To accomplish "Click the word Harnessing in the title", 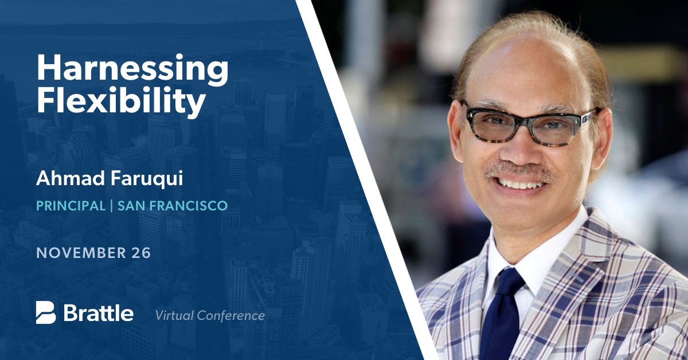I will click(x=132, y=69).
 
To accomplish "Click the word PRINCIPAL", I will click(x=71, y=205).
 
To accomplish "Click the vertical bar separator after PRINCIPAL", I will click(x=111, y=205).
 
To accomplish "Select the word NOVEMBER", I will click(x=79, y=253).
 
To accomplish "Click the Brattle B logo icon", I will click(x=45, y=312).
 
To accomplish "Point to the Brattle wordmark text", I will click(x=98, y=313).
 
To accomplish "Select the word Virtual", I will click(x=174, y=315).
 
